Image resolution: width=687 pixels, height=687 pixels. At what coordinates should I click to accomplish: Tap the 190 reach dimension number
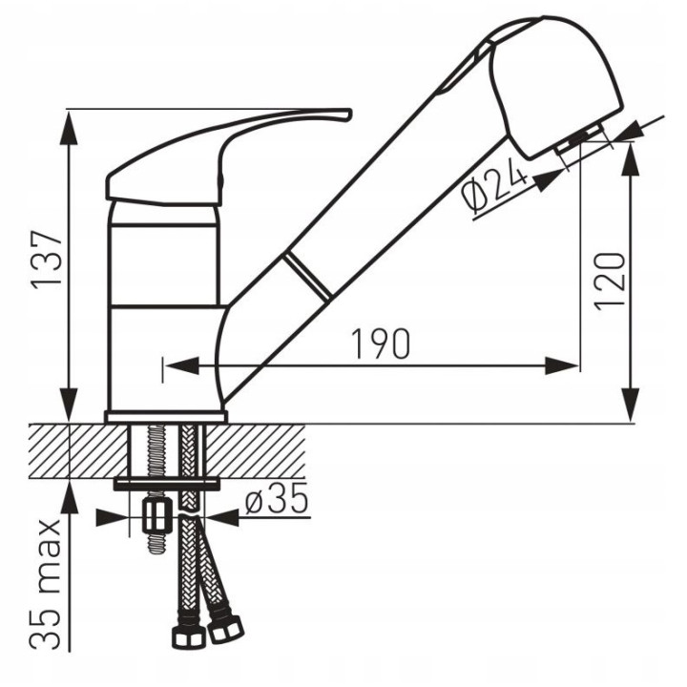pyautogui.click(x=381, y=343)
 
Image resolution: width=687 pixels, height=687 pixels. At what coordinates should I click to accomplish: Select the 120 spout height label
pyautogui.click(x=609, y=281)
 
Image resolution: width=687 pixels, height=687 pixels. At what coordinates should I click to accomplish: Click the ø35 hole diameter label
pyautogui.click(x=277, y=498)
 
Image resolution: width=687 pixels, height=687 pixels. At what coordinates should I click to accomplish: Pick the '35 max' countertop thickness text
pyautogui.click(x=46, y=585)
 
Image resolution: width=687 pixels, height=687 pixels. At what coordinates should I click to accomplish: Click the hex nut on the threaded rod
pyautogui.click(x=156, y=517)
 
